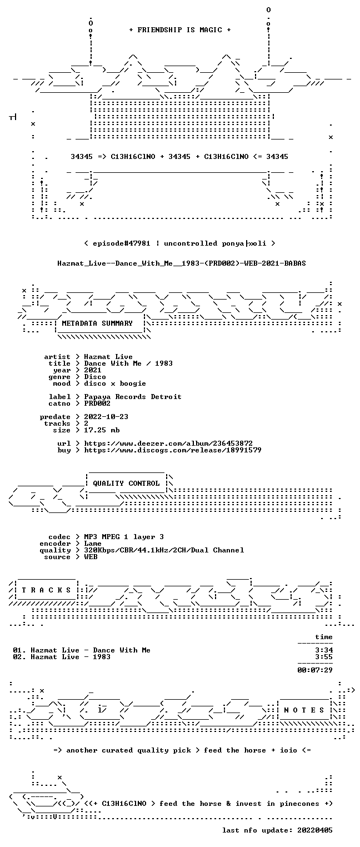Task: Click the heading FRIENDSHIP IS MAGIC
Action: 179,30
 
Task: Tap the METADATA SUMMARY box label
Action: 97,323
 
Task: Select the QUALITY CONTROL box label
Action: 126,483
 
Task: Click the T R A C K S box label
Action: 46,590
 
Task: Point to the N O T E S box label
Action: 304,710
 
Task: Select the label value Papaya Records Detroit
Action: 133,397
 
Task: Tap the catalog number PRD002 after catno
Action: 97,403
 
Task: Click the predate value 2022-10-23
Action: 106,417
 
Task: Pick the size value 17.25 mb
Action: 102,430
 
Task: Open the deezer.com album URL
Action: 168,443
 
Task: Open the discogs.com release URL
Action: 173,450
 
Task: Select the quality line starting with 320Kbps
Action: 164,550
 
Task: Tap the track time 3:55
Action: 324,657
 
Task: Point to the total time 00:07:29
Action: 315,670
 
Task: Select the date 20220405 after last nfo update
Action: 315,830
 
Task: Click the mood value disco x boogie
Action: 115,383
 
